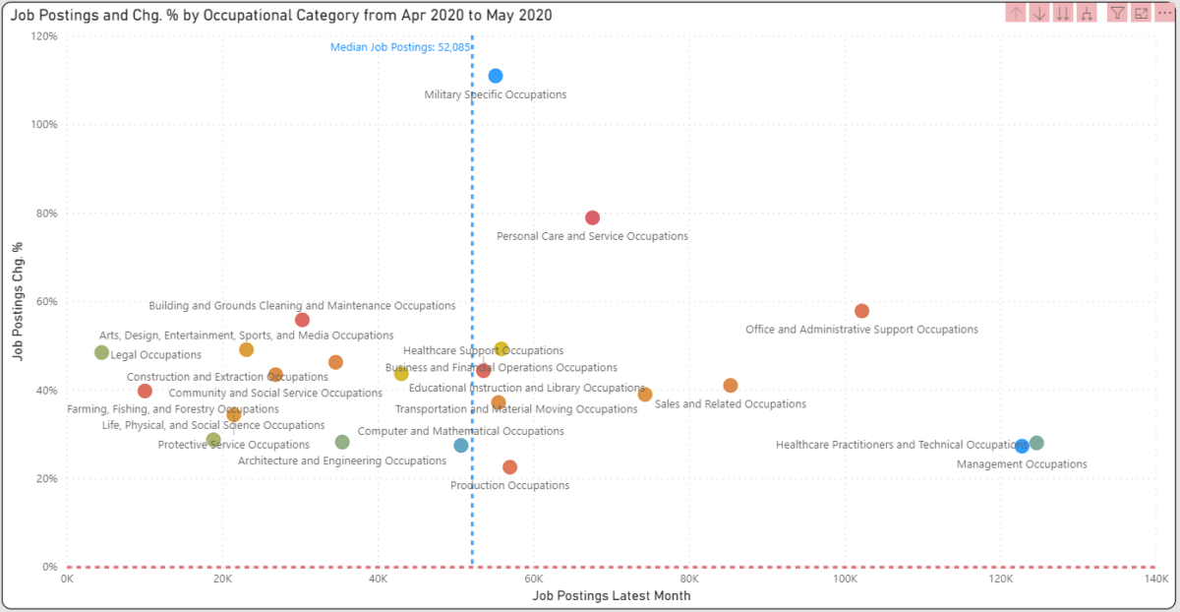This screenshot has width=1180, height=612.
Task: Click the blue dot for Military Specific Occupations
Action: (496, 76)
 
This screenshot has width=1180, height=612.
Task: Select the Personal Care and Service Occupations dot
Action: (592, 217)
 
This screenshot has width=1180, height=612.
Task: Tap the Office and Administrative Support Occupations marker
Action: (861, 311)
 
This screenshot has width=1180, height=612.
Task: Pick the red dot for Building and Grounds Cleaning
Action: (302, 320)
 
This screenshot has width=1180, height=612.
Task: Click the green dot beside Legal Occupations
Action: (101, 352)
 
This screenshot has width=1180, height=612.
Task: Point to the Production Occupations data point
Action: (509, 467)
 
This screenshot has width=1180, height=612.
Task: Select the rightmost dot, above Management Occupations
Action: (1036, 444)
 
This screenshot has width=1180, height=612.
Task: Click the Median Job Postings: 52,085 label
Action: (399, 46)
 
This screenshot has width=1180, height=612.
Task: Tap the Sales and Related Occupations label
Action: (730, 404)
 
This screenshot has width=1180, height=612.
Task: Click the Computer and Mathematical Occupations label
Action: (460, 431)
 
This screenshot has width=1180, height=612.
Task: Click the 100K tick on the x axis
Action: (845, 580)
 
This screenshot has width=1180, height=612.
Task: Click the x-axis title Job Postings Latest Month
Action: (611, 596)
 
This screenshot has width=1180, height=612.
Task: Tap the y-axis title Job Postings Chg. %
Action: (20, 302)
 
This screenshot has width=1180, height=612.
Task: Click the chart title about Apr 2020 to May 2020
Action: (280, 16)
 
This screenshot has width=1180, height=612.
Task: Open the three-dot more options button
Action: (1165, 13)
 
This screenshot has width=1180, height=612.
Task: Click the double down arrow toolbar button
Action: (1063, 13)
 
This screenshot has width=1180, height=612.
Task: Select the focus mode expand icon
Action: (1141, 13)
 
